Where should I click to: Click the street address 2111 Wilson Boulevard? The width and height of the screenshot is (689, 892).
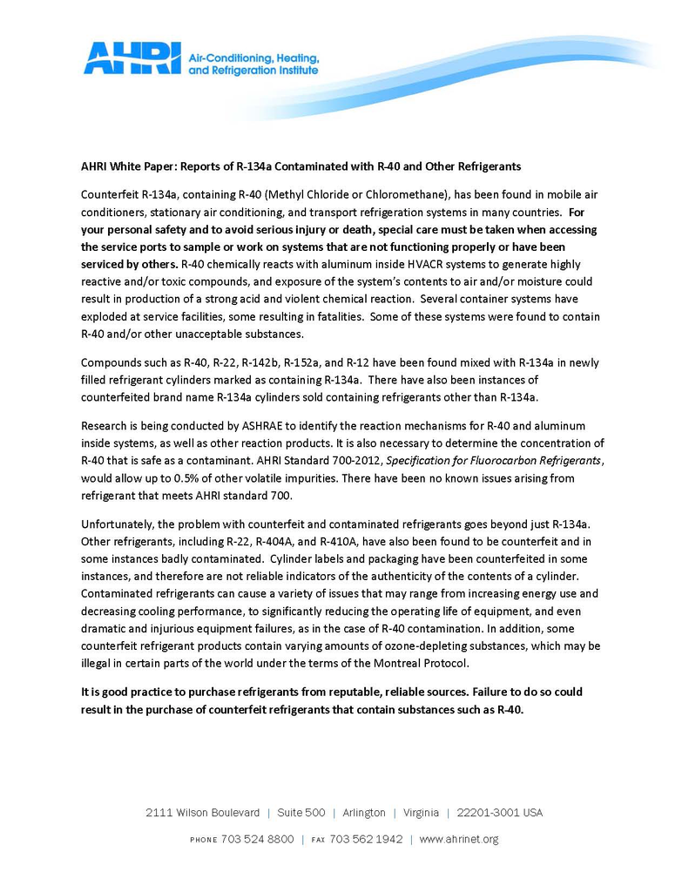[x=202, y=812]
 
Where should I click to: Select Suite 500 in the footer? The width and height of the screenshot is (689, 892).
[x=301, y=812]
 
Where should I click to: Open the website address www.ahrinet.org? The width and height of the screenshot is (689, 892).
[x=458, y=839]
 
